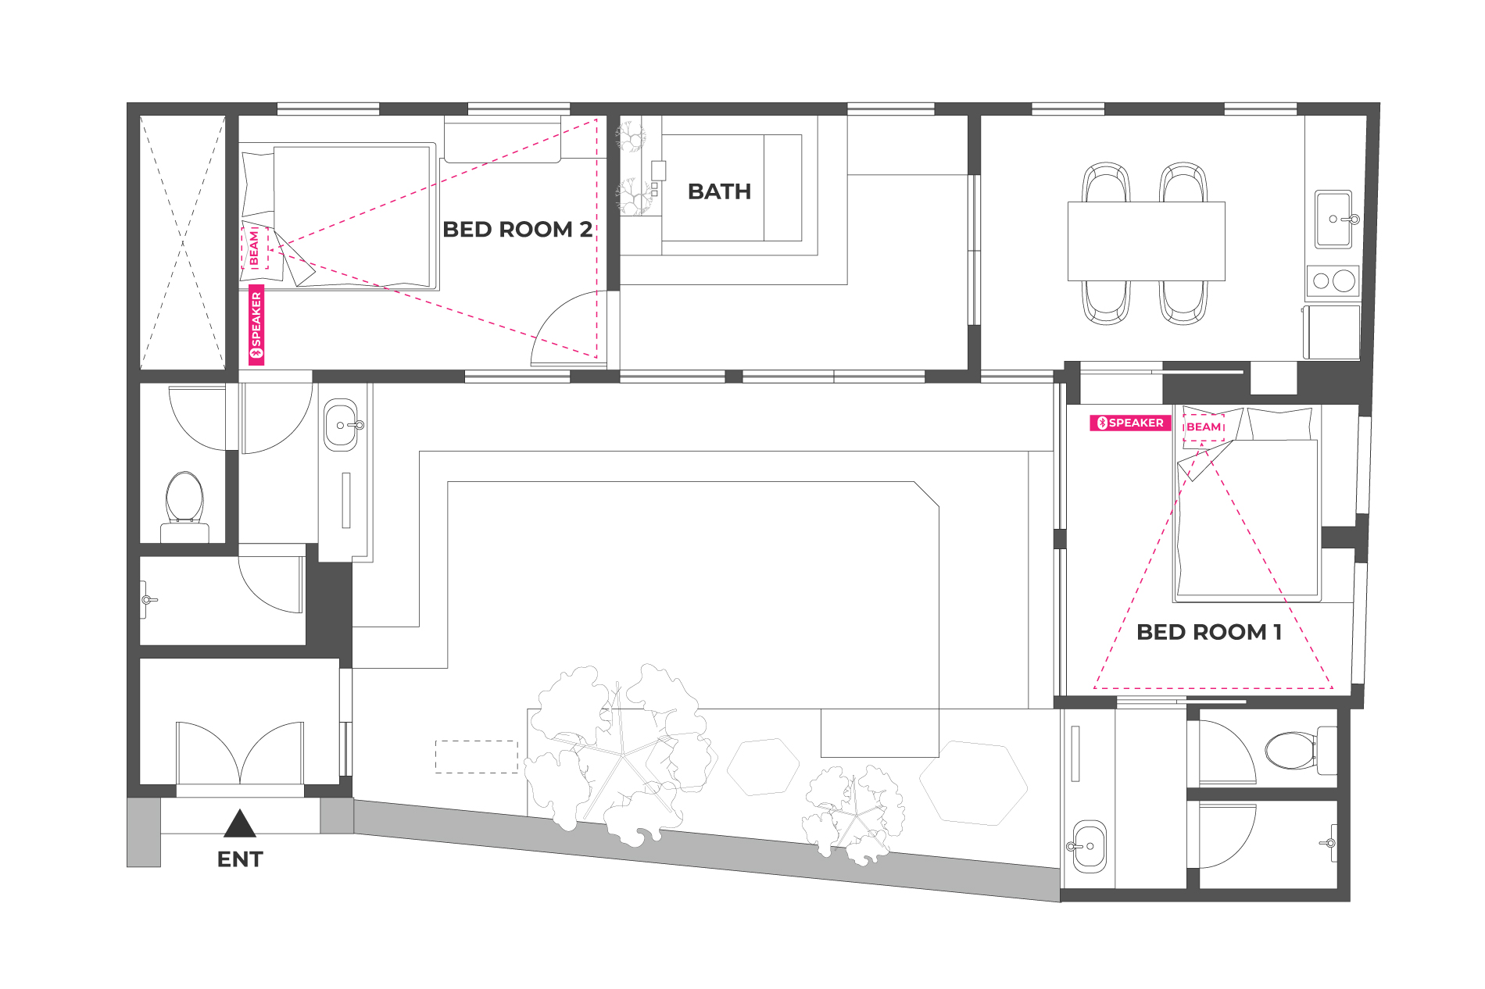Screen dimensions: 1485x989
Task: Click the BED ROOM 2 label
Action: click(x=517, y=230)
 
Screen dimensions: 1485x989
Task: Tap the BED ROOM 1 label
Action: click(x=1209, y=632)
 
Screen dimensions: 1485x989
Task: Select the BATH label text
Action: click(x=719, y=191)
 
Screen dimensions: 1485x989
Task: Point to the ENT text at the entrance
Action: click(x=240, y=859)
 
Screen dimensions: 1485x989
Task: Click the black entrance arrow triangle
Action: click(x=240, y=824)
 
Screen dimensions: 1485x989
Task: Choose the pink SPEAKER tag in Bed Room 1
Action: click(x=1130, y=423)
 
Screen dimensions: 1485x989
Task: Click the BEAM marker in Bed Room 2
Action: click(x=255, y=248)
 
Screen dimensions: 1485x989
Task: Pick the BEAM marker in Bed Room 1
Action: click(x=1204, y=427)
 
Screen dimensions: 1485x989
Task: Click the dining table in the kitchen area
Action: click(x=1146, y=241)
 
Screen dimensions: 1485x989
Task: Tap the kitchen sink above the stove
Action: click(x=1333, y=219)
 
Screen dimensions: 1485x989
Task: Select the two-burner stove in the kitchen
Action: click(x=1333, y=281)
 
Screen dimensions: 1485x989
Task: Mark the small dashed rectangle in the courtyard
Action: click(x=477, y=757)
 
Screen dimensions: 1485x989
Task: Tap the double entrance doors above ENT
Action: click(x=240, y=752)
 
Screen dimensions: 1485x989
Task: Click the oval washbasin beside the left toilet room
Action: click(x=341, y=424)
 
